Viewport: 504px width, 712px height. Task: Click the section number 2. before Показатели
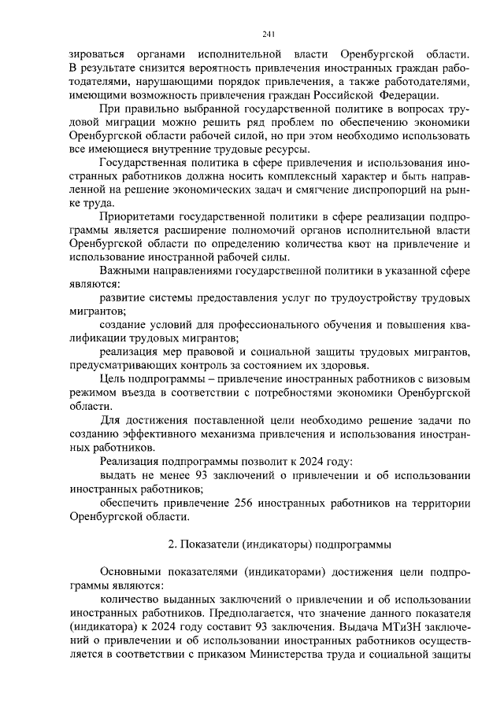[174, 544]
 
